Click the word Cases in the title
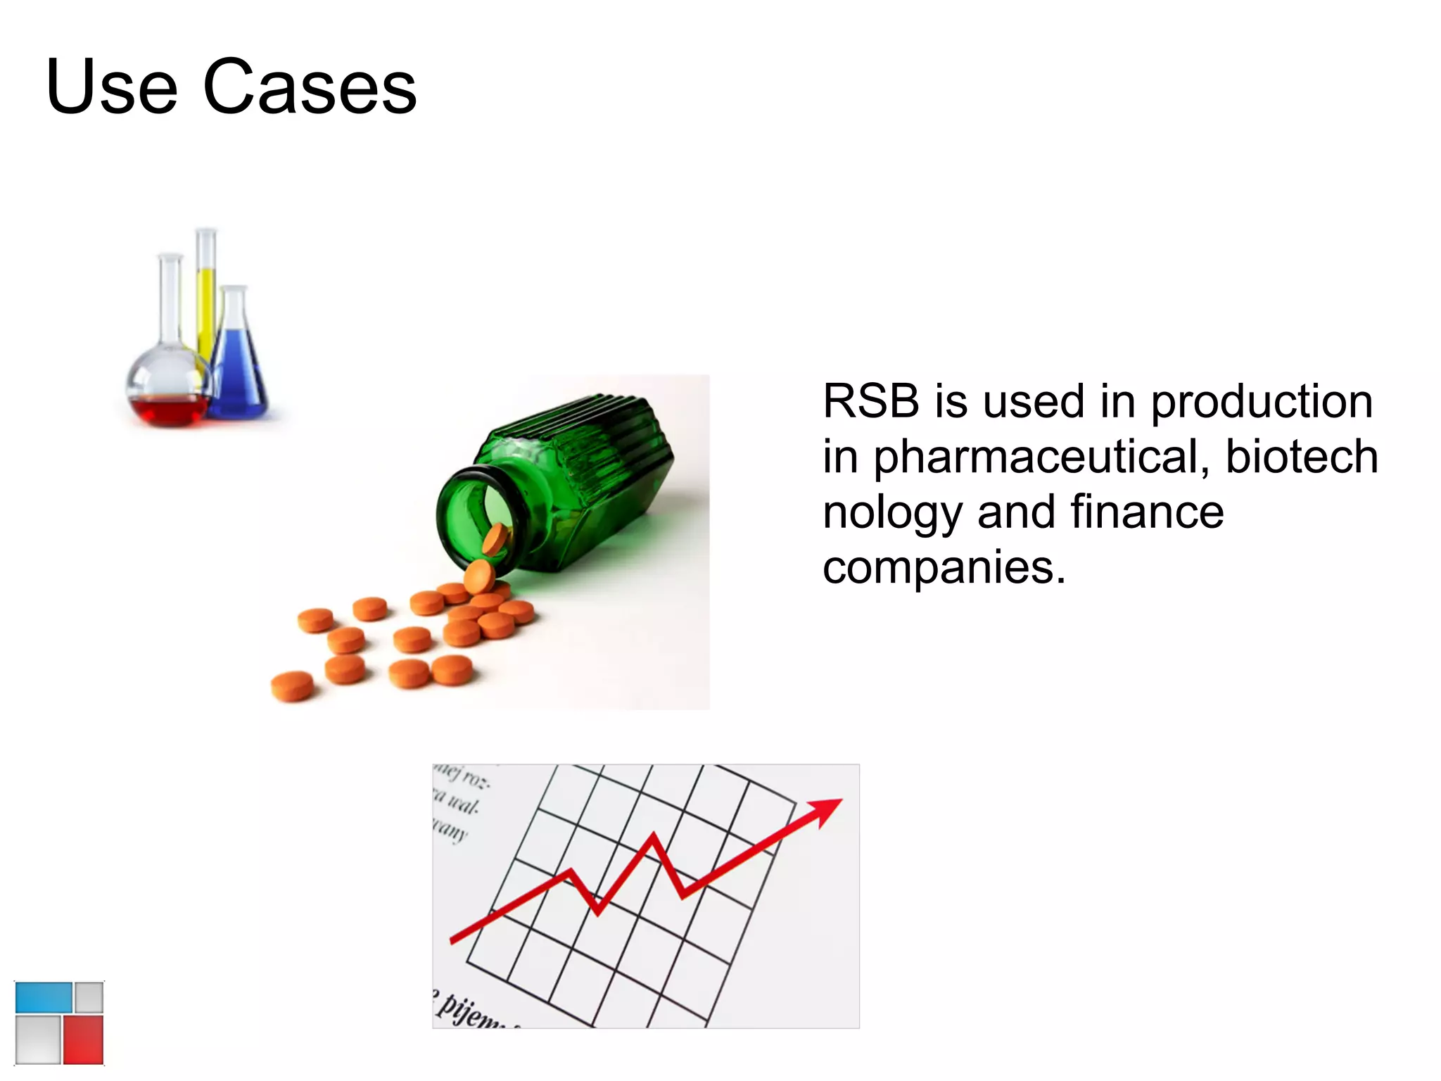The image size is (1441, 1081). point(310,87)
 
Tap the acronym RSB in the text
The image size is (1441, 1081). point(871,402)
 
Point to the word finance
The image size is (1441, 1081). point(1147,512)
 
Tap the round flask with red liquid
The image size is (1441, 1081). point(169,394)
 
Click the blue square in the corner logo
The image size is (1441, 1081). point(44,997)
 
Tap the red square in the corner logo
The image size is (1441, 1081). point(83,1039)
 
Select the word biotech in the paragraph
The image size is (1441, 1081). point(1302,457)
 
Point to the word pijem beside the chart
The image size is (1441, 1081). point(468,1011)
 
